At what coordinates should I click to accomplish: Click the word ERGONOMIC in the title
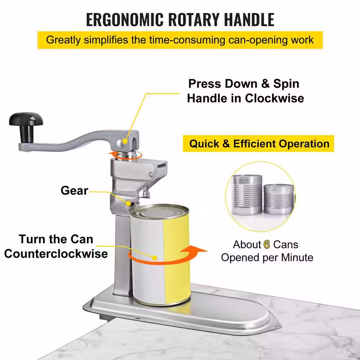click(x=125, y=20)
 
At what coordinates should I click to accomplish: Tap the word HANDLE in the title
click(x=249, y=20)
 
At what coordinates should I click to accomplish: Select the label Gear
click(x=75, y=190)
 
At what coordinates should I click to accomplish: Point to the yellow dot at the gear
click(x=129, y=203)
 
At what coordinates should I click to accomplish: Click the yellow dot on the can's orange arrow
click(x=155, y=258)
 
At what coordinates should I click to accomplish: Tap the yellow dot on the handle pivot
click(x=125, y=141)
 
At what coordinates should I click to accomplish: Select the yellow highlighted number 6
click(x=266, y=245)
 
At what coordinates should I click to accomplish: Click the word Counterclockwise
click(x=56, y=254)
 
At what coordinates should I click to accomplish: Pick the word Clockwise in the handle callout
click(x=274, y=98)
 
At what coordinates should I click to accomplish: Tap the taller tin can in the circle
click(x=247, y=195)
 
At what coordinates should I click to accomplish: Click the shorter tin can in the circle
click(x=279, y=199)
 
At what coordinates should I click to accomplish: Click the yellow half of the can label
click(x=177, y=260)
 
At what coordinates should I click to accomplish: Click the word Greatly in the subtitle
click(x=63, y=40)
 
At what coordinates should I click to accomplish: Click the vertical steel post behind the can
click(x=123, y=255)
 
